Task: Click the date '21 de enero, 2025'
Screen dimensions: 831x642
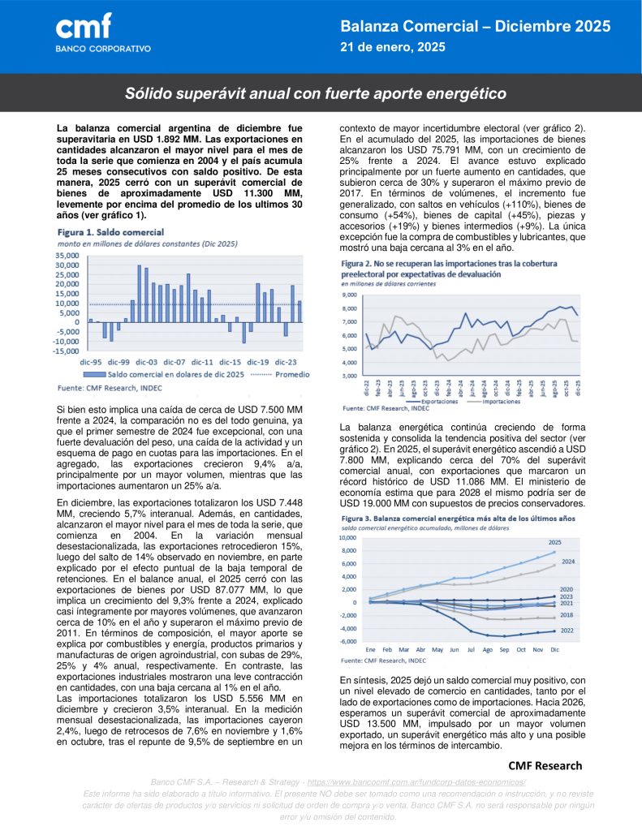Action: tap(393, 48)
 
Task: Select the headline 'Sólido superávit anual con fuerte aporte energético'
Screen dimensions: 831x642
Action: tap(316, 93)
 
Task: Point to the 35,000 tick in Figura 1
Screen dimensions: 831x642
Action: tap(67, 255)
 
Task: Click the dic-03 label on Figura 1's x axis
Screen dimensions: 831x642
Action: tap(146, 361)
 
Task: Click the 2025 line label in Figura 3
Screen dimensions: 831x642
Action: tap(577, 542)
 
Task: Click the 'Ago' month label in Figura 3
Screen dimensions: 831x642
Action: tap(487, 650)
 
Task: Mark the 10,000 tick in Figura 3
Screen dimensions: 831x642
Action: tap(347, 538)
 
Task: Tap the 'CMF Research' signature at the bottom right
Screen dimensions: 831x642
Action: tap(545, 765)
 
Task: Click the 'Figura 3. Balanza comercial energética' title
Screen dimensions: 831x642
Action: tap(459, 518)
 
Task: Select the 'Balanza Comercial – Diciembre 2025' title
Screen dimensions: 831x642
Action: tap(475, 28)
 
